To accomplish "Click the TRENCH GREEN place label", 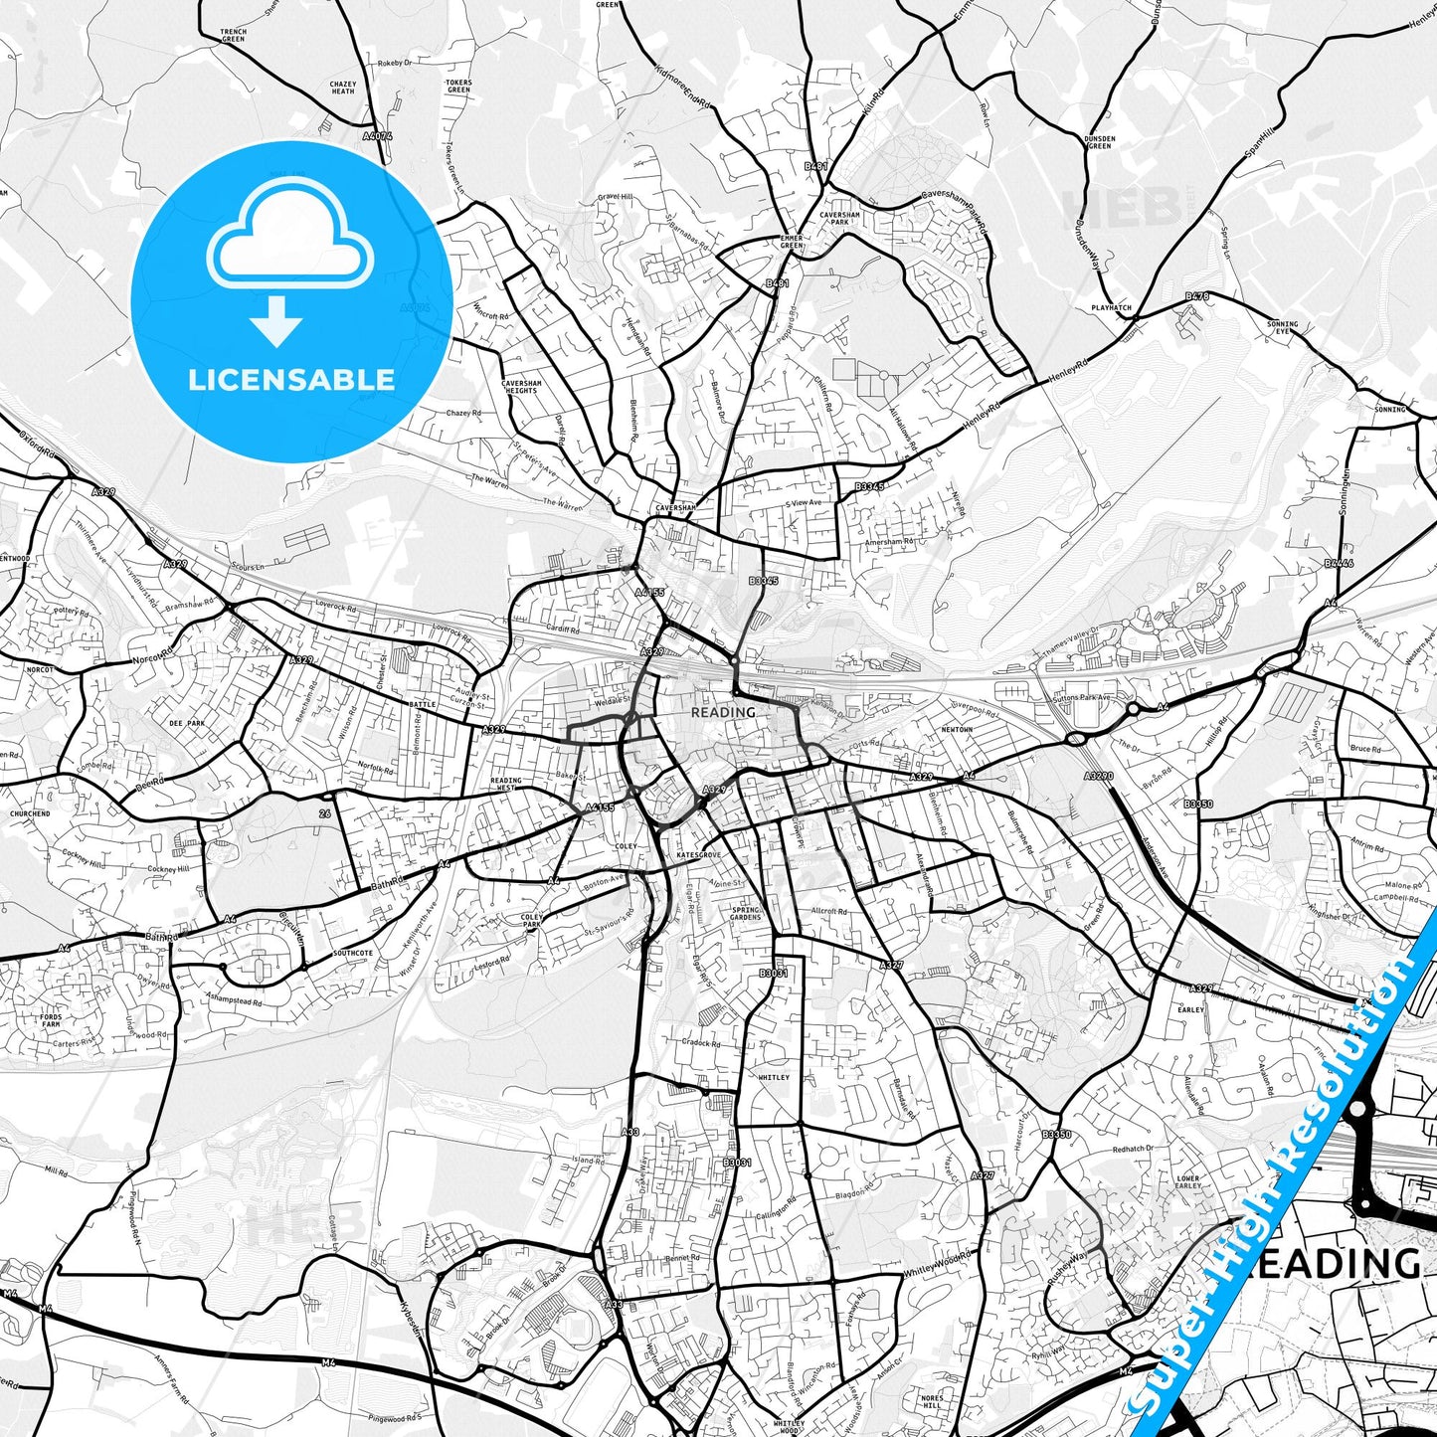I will pos(234,36).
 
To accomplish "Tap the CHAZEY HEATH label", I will pos(342,88).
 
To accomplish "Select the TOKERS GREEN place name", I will pos(458,87).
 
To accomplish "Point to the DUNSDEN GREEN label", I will pos(1100,142).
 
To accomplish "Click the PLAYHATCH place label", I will pos(1111,308).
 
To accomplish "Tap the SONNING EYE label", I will pos(1283,327).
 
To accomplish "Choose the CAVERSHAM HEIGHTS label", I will pos(521,387).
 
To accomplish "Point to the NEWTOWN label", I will pos(957,730).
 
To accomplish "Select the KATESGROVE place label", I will pos(696,855).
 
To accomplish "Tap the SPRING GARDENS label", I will pos(746,913).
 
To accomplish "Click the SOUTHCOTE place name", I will pos(353,953).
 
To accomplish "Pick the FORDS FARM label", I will pos(52,1020).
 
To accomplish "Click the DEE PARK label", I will pos(187,724).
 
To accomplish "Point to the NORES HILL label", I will pos(932,1402).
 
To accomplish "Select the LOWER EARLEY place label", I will pos(1188,1182).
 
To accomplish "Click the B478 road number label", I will pos(1197,296).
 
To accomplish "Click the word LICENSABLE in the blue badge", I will pos(291,379).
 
